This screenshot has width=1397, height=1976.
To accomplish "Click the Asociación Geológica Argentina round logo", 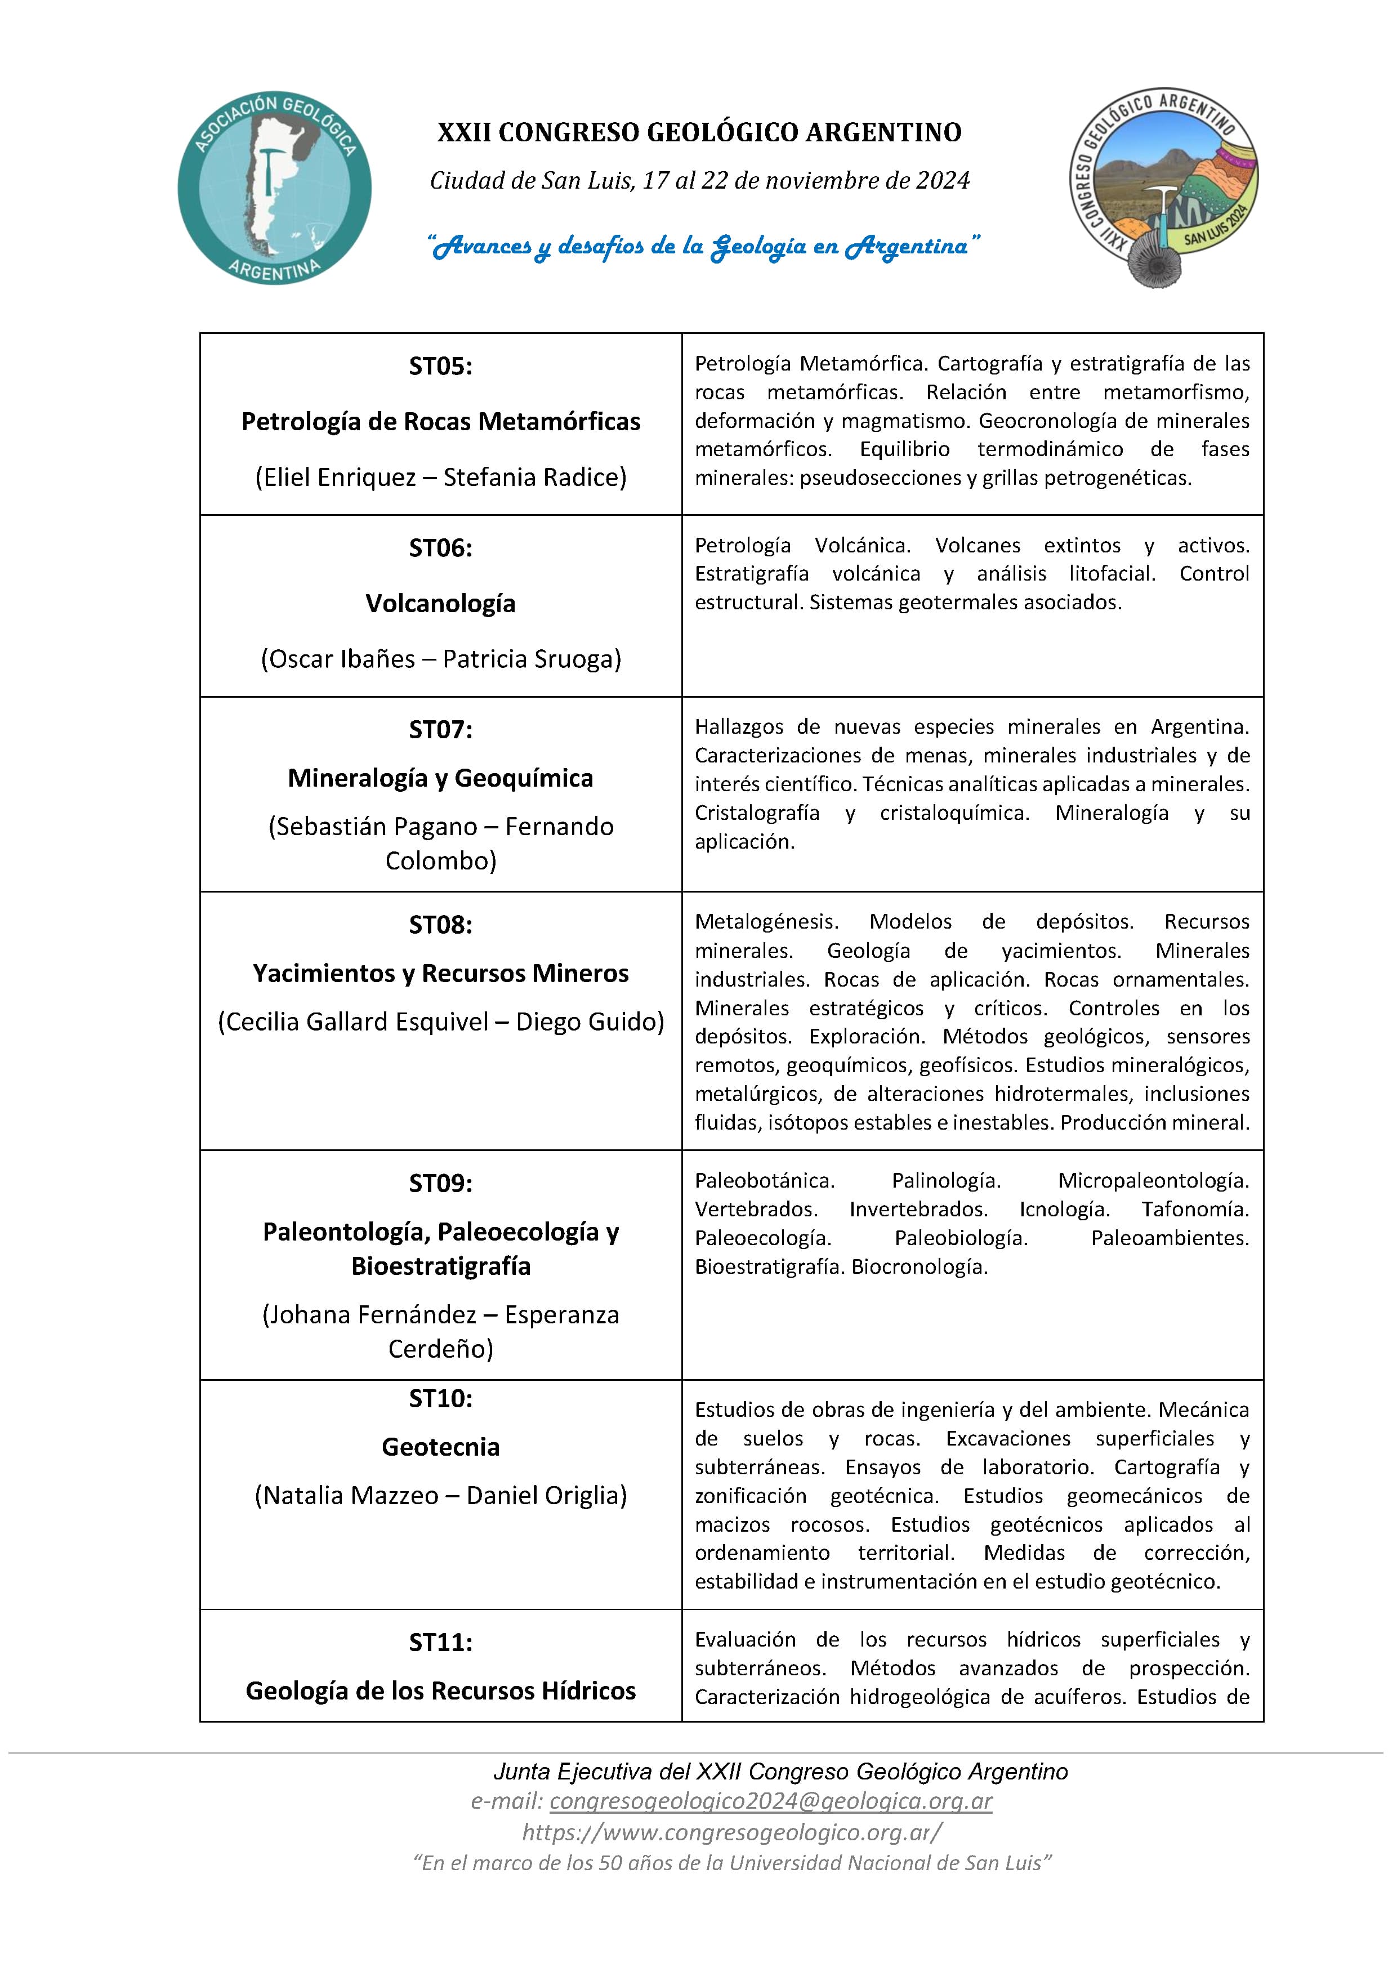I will tap(275, 188).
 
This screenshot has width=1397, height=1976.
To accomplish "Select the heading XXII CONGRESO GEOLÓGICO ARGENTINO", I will tap(699, 132).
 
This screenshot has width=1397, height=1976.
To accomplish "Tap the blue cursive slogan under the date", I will tap(704, 246).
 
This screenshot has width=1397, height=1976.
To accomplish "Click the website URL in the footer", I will tap(731, 1832).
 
